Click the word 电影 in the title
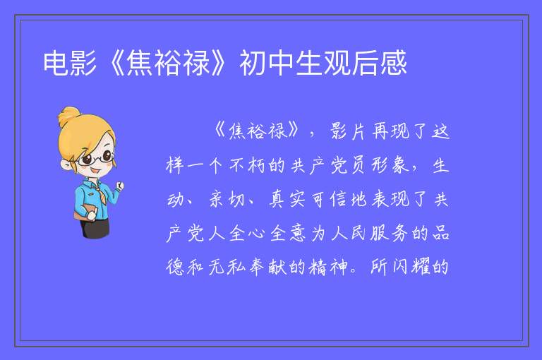pos(70,63)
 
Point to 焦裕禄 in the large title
pos(168,63)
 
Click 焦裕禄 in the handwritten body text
pos(258,131)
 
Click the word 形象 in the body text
pos(390,165)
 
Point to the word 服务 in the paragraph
pos(390,233)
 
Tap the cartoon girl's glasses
pos(95,158)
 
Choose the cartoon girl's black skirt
pos(95,229)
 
